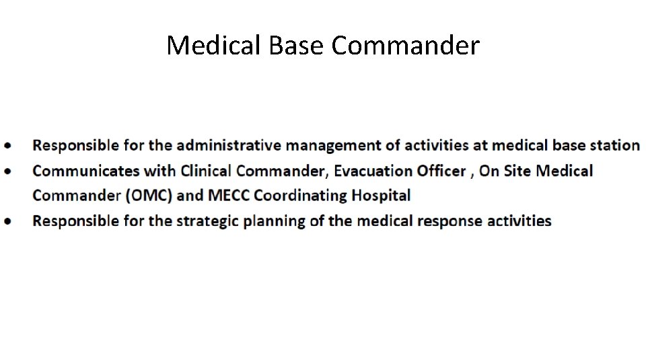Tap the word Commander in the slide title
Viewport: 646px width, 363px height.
click(x=406, y=46)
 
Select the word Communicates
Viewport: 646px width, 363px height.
click(x=86, y=171)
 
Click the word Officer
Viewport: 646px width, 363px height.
click(x=441, y=171)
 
